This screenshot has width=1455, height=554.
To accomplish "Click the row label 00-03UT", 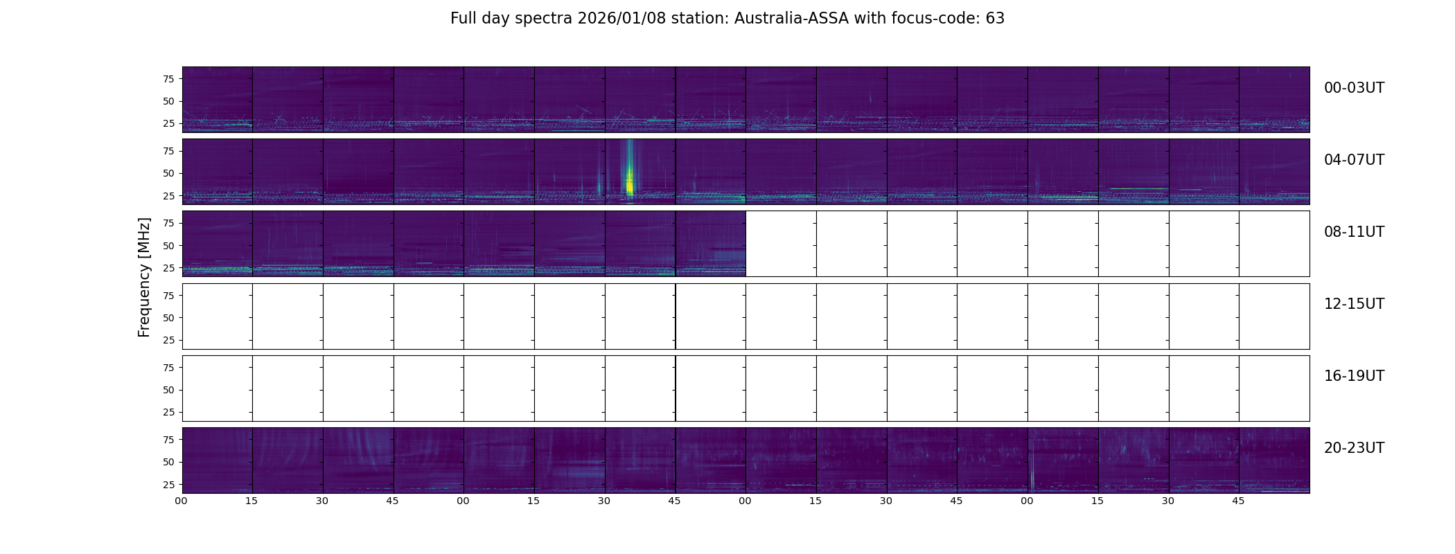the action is (x=1354, y=88).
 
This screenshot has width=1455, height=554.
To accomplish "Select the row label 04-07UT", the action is (x=1354, y=160).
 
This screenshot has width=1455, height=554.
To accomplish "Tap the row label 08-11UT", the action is (x=1354, y=232).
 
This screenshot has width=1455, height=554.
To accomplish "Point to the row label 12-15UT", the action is (x=1354, y=304).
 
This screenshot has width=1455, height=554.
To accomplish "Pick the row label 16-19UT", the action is (x=1354, y=376).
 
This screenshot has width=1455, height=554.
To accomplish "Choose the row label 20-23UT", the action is (x=1354, y=448).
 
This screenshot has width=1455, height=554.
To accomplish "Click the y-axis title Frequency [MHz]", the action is (x=144, y=278).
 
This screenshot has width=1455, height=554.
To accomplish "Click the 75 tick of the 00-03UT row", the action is (x=168, y=79).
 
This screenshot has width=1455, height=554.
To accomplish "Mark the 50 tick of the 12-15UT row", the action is (x=168, y=318).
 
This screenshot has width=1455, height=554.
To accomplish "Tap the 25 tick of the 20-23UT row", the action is (x=168, y=485).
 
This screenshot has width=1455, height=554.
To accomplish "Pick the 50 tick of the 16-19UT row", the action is (x=168, y=390).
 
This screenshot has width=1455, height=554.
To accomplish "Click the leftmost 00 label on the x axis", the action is (x=182, y=501).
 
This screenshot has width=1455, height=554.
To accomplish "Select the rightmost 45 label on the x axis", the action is (x=1238, y=501).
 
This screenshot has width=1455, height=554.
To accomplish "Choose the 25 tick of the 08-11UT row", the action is (x=168, y=268).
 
